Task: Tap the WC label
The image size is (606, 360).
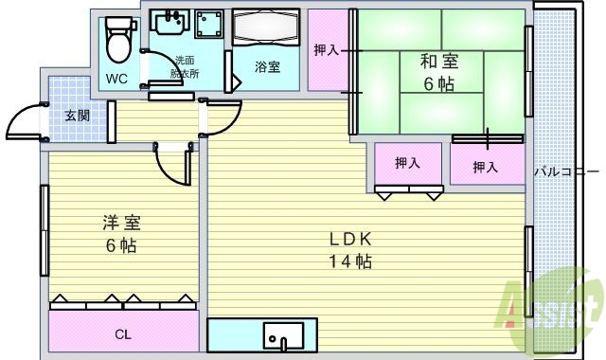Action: tap(117, 79)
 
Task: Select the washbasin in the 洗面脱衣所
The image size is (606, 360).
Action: tap(169, 23)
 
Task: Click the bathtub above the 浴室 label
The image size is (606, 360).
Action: tap(267, 27)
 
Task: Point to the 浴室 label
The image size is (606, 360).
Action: tap(266, 67)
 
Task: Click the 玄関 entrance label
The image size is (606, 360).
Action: tap(78, 117)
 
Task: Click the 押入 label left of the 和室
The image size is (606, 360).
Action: tap(327, 50)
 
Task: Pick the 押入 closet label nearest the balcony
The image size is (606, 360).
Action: tap(485, 168)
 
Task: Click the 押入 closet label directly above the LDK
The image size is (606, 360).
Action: tap(407, 163)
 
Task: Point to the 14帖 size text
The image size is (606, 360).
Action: tap(349, 261)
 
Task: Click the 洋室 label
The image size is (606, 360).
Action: tap(121, 224)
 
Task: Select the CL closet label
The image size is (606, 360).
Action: tap(123, 333)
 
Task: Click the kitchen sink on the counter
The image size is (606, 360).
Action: tap(283, 336)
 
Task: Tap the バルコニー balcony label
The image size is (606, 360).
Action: tap(566, 172)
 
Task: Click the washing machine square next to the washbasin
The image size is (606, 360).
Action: tap(208, 26)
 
